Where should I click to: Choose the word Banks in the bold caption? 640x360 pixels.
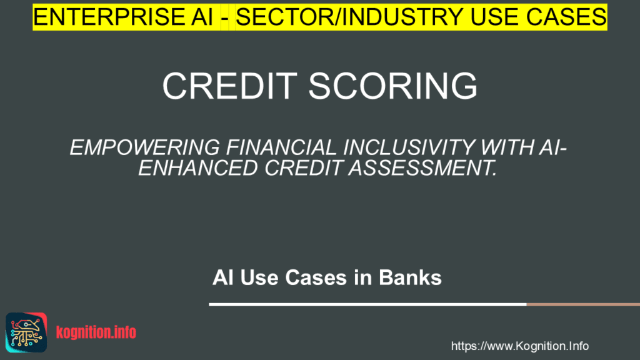pyautogui.click(x=411, y=277)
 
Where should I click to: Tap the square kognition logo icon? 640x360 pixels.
pyautogui.click(x=26, y=331)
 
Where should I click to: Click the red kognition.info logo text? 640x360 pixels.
pyautogui.click(x=96, y=332)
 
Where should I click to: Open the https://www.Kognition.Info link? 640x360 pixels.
pyautogui.click(x=519, y=346)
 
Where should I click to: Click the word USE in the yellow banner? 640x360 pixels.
pyautogui.click(x=494, y=16)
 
